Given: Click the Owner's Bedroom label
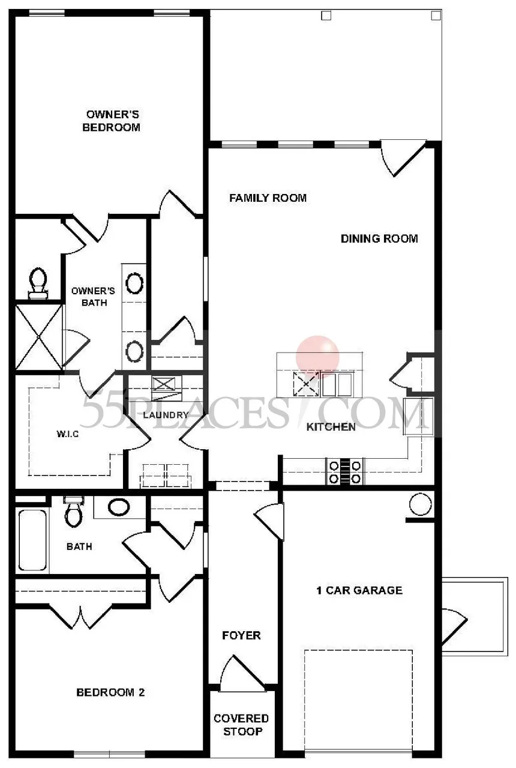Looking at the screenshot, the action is [x=112, y=121].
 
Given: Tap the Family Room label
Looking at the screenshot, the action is [x=268, y=198].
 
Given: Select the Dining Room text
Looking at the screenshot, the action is [x=379, y=238].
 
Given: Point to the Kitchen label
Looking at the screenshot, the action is [x=331, y=427].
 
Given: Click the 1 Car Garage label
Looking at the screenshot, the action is [x=359, y=590].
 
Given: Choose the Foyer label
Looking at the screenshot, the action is [x=241, y=635].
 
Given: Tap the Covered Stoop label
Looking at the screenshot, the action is [x=242, y=725].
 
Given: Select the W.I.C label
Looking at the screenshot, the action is [x=67, y=434].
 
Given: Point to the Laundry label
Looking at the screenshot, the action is [x=166, y=415].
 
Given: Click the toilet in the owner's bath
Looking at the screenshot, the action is [x=38, y=283].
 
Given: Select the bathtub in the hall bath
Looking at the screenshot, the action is [x=32, y=540].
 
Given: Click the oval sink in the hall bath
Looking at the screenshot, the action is [x=119, y=507].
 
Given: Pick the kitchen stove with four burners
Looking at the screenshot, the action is [x=344, y=471].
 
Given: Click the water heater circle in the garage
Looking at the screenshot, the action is [x=420, y=504].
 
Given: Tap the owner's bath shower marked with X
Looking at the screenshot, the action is [x=39, y=337].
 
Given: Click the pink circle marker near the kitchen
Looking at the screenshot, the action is [x=317, y=357].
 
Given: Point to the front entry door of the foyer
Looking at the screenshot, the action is [x=242, y=674].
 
